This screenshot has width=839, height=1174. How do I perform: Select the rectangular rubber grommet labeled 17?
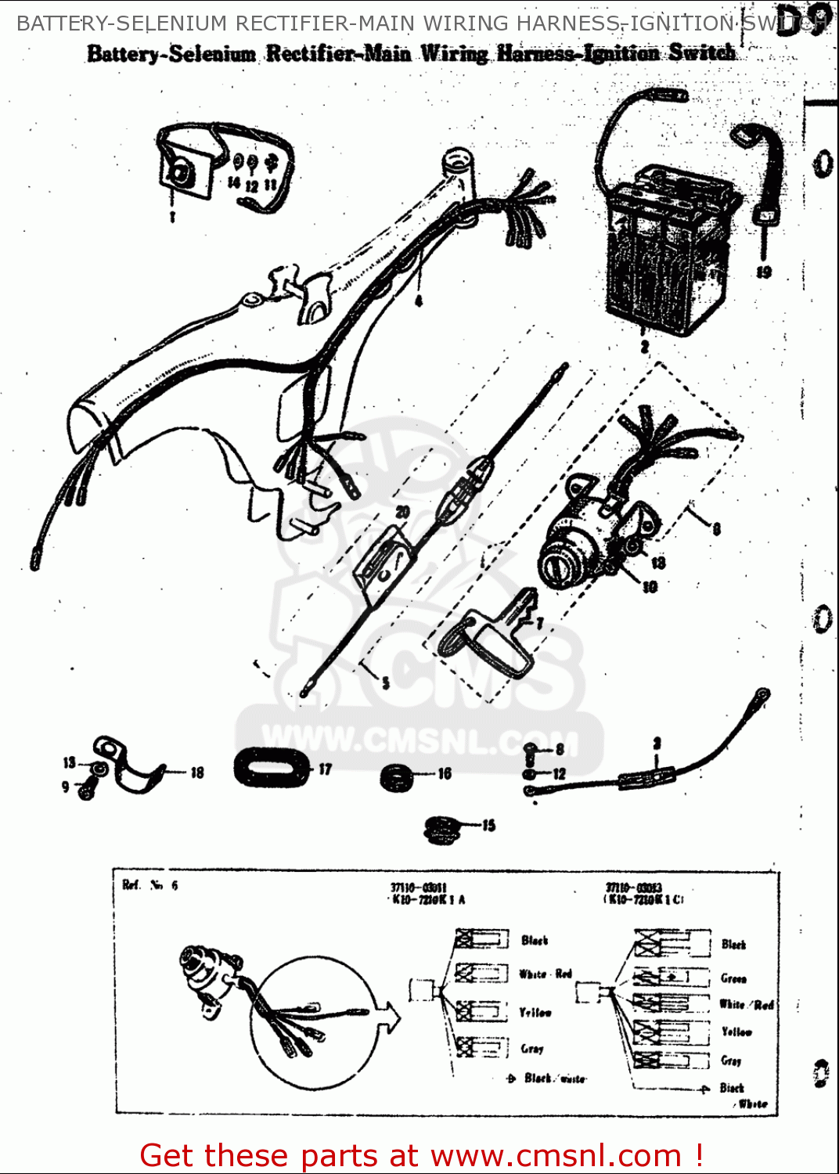[271, 766]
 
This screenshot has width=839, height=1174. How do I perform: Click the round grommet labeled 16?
[398, 777]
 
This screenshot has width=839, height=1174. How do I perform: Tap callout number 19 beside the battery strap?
[764, 272]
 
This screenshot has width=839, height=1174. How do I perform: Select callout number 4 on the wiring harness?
[419, 301]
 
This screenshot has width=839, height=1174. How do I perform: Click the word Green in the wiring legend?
[733, 978]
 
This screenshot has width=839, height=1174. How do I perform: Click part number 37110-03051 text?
[418, 888]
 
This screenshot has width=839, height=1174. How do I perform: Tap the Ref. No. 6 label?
[149, 885]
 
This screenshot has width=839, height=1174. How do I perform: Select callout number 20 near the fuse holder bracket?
[402, 512]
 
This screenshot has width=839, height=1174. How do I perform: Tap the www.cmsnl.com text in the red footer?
[556, 1155]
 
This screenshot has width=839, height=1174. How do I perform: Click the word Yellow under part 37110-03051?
[535, 1013]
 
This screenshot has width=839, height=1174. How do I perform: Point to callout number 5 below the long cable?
[385, 682]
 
